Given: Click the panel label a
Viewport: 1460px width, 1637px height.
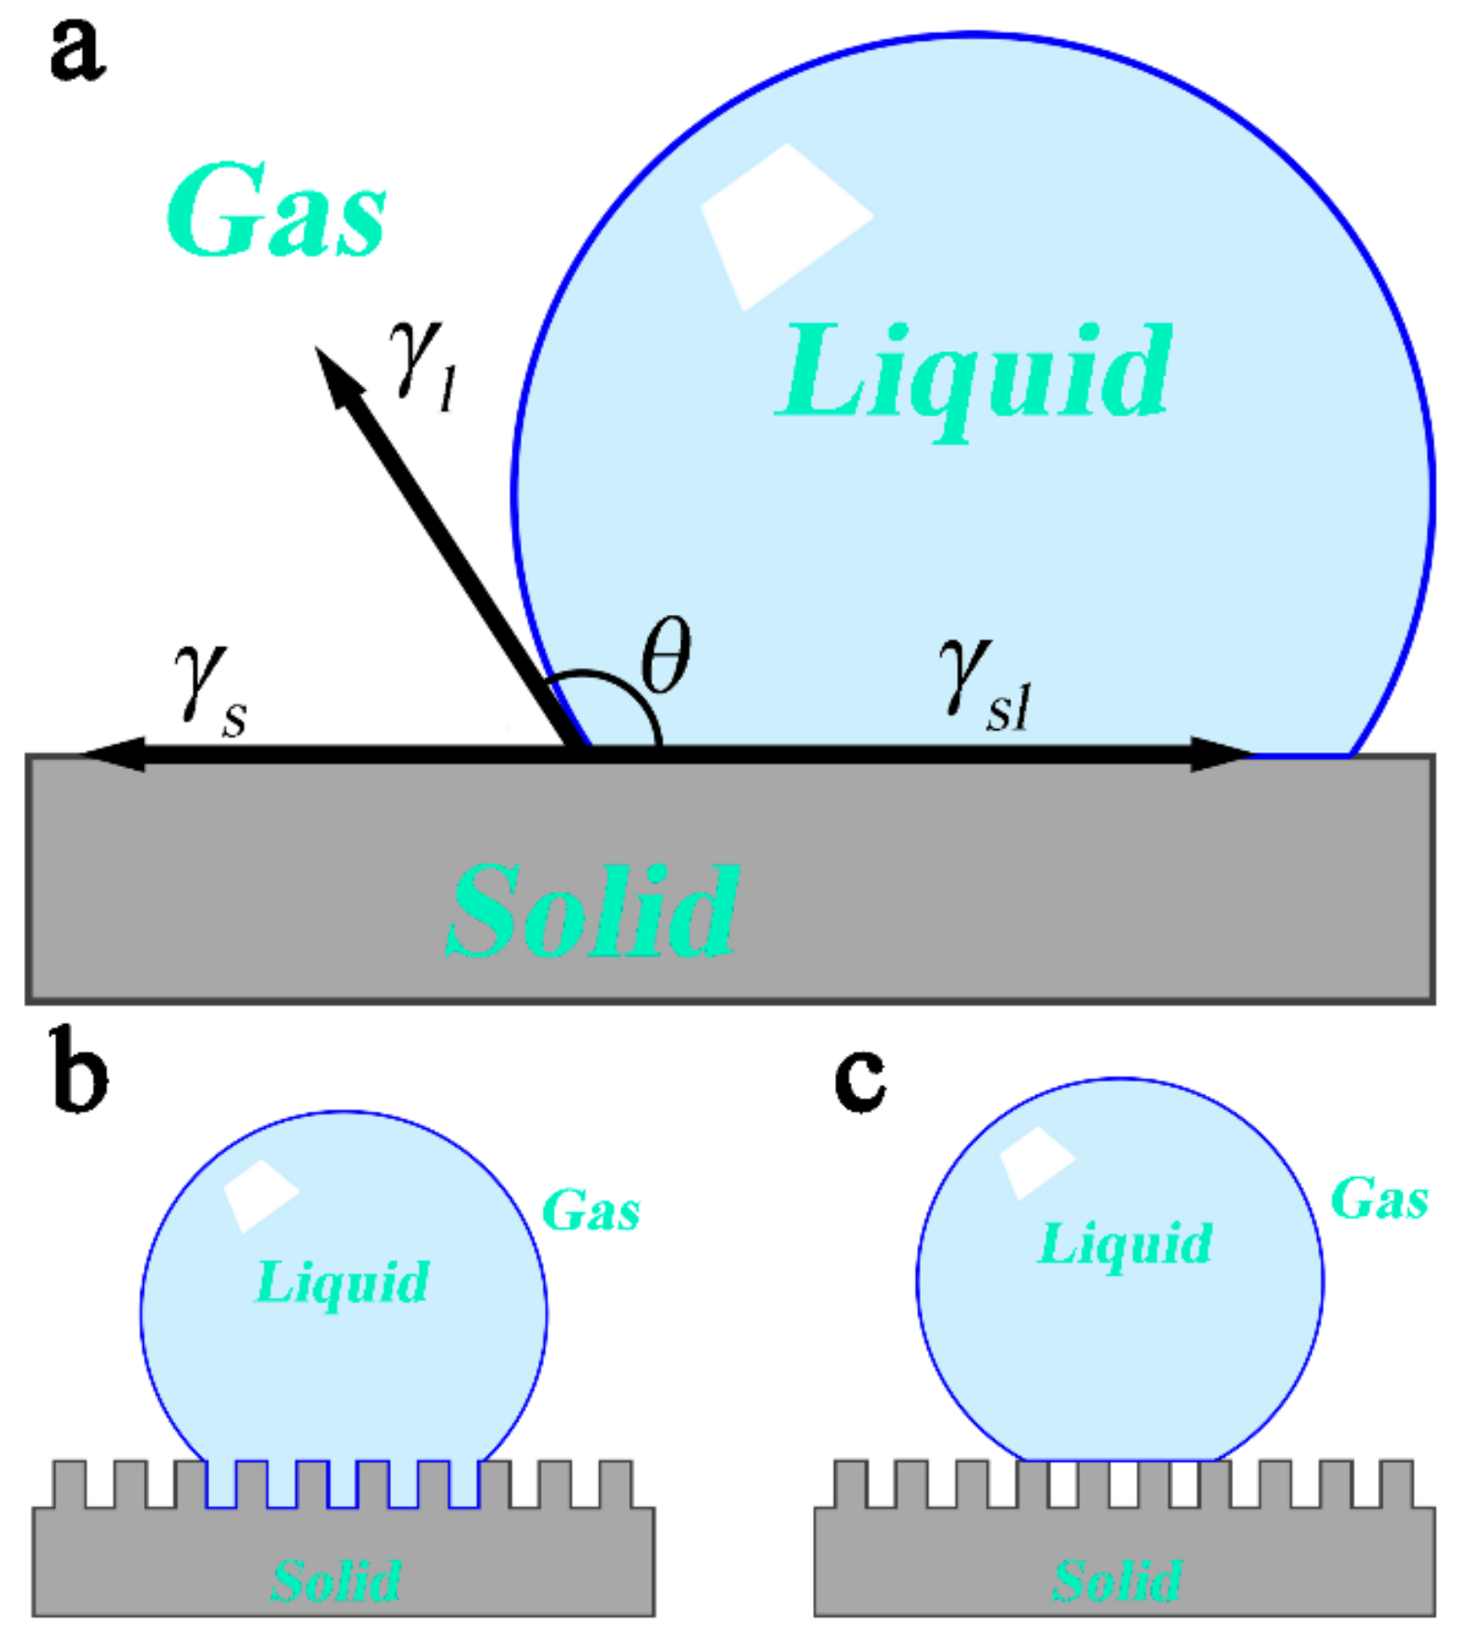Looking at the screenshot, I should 77,51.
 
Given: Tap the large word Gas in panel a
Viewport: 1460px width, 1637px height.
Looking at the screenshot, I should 277,212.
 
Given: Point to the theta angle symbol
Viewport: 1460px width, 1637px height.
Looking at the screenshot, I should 665,655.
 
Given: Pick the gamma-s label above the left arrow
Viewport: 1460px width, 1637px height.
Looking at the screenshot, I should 210,691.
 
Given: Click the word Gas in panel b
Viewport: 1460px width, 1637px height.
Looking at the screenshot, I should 591,1209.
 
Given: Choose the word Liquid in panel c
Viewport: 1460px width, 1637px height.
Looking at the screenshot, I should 1124,1244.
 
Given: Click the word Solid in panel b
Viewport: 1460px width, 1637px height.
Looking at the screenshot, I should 336,1580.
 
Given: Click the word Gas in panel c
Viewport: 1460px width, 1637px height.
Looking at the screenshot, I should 1380,1199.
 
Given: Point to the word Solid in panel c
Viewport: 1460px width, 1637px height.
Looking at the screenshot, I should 1117,1580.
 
